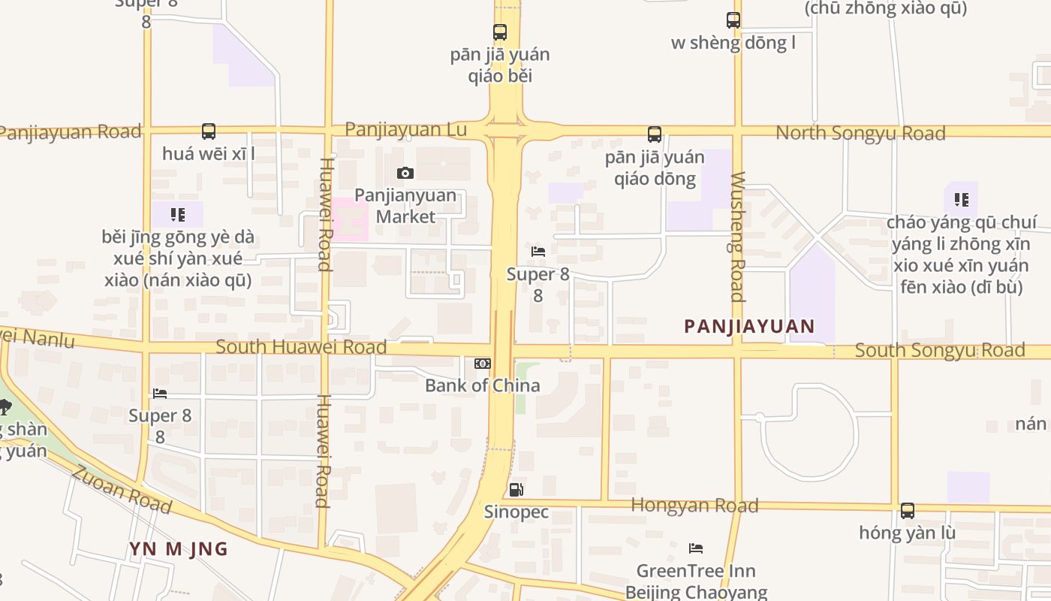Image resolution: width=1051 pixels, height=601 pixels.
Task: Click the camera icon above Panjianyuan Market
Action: (x=405, y=174)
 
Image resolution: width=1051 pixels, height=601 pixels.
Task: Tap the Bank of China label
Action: (x=482, y=385)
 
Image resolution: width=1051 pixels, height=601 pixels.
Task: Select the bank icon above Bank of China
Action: (x=482, y=364)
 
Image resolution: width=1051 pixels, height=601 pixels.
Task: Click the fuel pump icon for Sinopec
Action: (x=516, y=490)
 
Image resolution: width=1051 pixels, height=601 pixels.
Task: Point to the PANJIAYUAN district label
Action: (x=749, y=326)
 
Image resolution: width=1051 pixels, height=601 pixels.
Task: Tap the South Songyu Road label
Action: (x=940, y=350)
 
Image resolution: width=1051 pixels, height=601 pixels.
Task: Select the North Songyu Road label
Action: (x=860, y=133)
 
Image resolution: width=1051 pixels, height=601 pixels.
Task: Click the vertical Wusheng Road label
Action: (x=737, y=237)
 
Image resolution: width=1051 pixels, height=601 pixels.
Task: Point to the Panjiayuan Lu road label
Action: (x=405, y=129)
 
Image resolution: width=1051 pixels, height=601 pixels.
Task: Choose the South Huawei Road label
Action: (x=301, y=346)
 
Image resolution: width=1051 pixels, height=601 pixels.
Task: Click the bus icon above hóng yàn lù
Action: (x=908, y=511)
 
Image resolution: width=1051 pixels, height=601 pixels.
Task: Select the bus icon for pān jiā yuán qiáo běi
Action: (x=500, y=32)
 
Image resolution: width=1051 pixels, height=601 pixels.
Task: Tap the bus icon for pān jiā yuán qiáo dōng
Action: (x=655, y=134)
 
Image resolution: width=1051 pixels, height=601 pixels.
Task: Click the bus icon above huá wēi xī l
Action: (x=209, y=131)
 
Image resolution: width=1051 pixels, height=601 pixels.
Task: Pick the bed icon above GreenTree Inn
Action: (x=696, y=548)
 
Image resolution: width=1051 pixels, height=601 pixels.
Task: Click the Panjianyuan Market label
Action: (x=405, y=206)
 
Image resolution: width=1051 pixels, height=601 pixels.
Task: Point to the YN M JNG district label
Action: (x=178, y=549)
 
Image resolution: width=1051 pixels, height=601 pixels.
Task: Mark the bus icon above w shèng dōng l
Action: (x=733, y=20)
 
